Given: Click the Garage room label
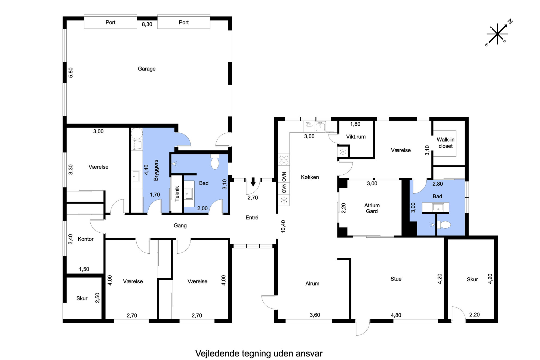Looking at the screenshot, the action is [146, 69].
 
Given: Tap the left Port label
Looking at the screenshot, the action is [111, 22].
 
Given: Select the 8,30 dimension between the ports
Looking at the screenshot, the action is [147, 24].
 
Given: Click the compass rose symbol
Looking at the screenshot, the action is [498, 33].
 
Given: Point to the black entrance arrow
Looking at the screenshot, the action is [253, 182].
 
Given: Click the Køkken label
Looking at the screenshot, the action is [310, 177].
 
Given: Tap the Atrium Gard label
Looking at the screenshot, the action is [372, 208].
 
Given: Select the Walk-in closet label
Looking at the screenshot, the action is [446, 143].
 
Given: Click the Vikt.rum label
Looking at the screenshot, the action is [356, 137].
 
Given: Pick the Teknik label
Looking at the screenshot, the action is [177, 193].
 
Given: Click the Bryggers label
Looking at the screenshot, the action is [156, 170].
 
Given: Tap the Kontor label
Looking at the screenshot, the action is [85, 239].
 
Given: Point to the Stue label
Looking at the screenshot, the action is [396, 279].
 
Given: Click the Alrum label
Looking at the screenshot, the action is [312, 284].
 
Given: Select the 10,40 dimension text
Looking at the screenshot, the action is [283, 226].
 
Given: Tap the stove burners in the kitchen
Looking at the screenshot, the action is [284, 160].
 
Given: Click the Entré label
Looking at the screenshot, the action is [252, 217].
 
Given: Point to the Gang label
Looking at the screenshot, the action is [180, 226].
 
